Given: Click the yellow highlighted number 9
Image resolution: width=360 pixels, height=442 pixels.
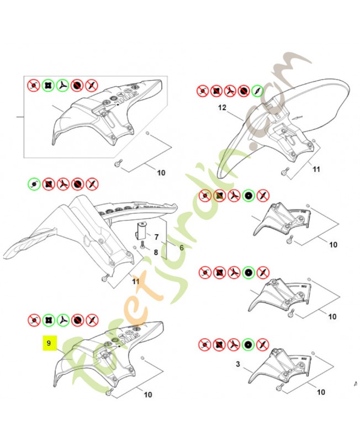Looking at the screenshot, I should tap(49, 344).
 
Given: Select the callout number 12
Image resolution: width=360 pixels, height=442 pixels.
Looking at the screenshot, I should tap(222, 109).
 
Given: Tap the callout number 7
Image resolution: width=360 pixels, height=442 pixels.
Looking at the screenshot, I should tap(157, 237).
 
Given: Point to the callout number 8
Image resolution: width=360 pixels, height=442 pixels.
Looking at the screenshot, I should tap(156, 253).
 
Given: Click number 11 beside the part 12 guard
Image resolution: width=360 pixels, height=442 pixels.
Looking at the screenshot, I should tap(315, 170).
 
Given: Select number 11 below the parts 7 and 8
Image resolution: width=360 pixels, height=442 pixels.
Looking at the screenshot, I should tap(136, 282).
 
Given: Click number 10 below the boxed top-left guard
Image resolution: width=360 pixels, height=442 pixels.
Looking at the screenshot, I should tap(161, 173).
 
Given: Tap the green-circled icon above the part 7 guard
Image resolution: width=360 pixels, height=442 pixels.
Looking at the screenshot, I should tap(34, 183).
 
